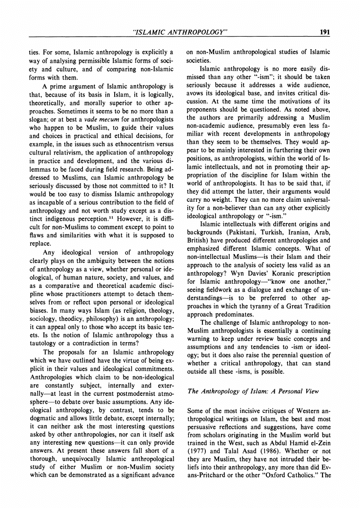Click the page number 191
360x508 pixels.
click(325, 33)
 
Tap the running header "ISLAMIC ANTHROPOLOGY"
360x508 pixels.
click(180, 33)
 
